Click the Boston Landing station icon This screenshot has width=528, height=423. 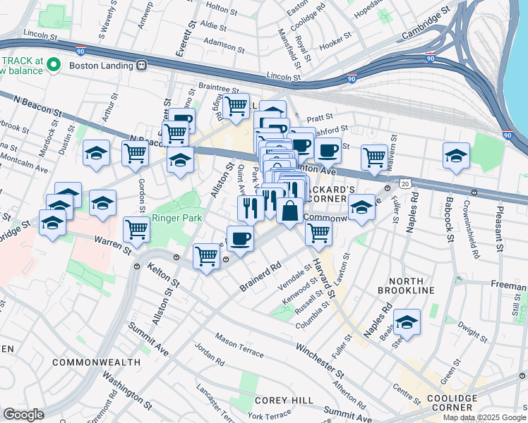pyautogui.click(x=142, y=66)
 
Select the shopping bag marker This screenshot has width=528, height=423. pyautogui.click(x=290, y=210)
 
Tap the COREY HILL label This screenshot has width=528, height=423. pyautogui.click(x=284, y=400)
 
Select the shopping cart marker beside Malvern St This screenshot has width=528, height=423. pyautogui.click(x=374, y=157)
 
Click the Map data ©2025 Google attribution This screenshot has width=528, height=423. pyautogui.click(x=484, y=417)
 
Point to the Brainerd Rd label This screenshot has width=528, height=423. pyautogui.click(x=260, y=275)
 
